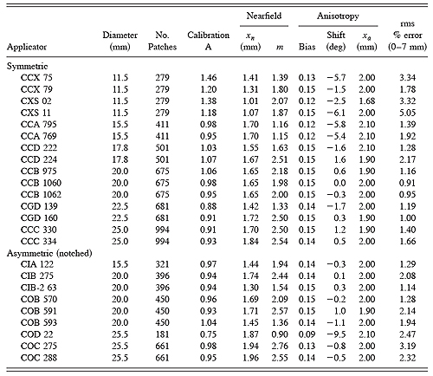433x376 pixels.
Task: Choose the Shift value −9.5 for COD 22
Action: (x=330, y=332)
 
